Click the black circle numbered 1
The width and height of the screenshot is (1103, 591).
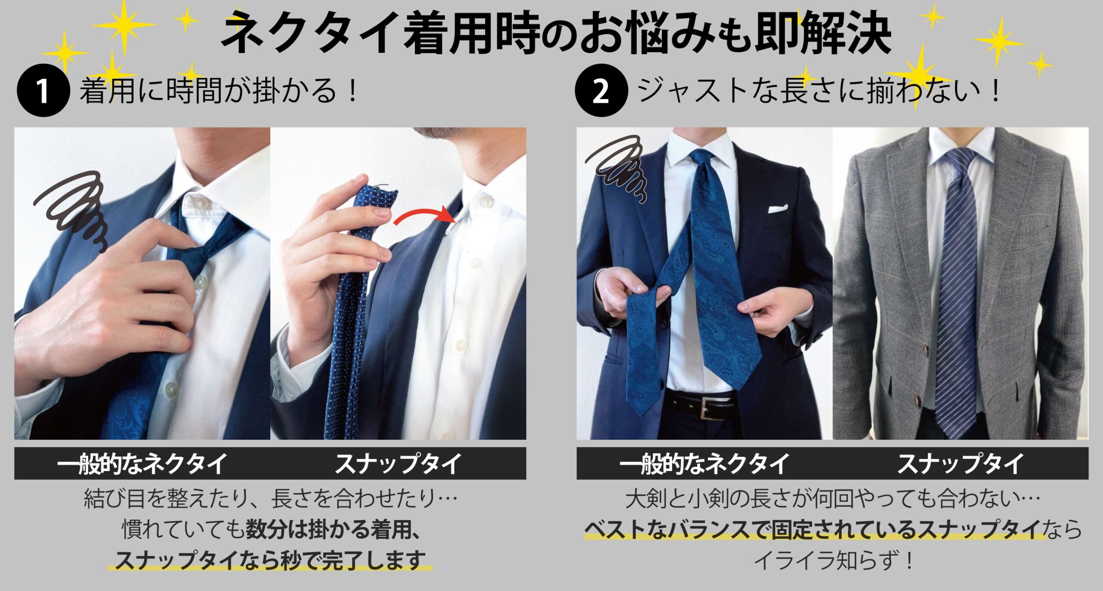click(x=43, y=91)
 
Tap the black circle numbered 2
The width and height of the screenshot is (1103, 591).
click(x=601, y=91)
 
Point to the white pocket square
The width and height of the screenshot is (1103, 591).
click(x=778, y=209)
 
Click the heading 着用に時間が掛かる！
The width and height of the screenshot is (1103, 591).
click(x=219, y=91)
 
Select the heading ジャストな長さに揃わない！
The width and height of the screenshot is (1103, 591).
click(x=819, y=91)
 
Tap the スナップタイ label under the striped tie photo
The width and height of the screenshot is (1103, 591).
click(x=960, y=464)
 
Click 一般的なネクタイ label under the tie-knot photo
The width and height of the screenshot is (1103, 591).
click(x=142, y=464)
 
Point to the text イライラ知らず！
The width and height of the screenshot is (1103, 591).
click(x=832, y=560)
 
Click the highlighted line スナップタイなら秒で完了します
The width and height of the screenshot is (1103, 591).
click(x=270, y=560)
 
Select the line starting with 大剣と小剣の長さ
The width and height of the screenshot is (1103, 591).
click(x=832, y=499)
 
